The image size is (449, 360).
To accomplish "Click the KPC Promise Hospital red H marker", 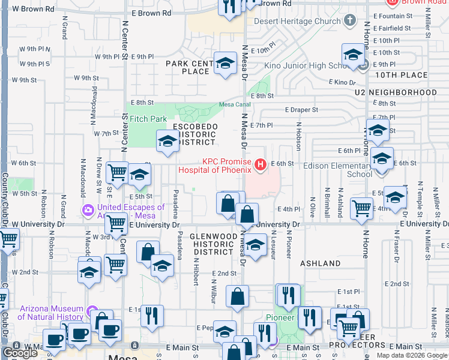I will [x=261, y=164].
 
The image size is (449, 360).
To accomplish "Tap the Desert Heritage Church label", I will [x=297, y=22].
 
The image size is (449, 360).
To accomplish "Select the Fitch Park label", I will [x=146, y=119].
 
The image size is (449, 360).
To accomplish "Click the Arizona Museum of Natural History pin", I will [x=92, y=311].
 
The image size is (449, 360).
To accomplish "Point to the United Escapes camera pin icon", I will [x=88, y=210].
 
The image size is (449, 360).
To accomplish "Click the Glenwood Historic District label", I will [x=212, y=244].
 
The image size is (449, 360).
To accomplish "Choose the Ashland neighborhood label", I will [x=320, y=263].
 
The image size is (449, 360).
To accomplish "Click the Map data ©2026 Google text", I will [x=411, y=355].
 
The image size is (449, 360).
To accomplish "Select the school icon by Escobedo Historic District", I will [x=167, y=142].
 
